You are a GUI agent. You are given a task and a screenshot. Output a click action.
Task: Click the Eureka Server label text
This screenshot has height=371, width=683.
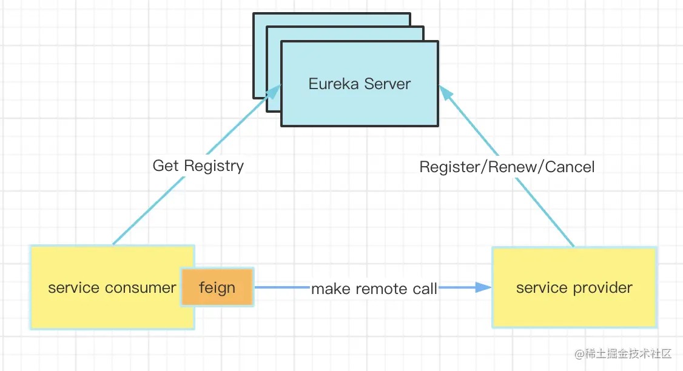click(359, 84)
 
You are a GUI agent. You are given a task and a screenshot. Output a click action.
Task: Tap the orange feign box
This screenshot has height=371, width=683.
click(217, 287)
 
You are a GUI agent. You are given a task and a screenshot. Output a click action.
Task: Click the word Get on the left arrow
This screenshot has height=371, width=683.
click(166, 165)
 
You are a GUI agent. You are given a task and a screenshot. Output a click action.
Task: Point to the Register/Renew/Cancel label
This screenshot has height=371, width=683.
click(506, 167)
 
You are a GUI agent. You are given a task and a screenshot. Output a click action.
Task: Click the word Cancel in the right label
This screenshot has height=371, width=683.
click(570, 167)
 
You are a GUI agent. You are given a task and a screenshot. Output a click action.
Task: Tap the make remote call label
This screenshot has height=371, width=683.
click(374, 289)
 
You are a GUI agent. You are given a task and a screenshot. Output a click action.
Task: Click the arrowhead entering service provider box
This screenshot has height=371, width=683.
click(483, 287)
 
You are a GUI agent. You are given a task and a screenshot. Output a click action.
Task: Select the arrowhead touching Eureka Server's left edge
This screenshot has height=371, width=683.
click(275, 92)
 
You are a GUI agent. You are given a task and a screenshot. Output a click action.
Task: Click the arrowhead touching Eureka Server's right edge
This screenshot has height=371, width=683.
click(445, 92)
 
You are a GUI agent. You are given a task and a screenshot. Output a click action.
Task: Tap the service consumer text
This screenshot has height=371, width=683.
click(112, 287)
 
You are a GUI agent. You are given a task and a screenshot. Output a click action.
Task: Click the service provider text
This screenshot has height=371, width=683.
click(574, 287)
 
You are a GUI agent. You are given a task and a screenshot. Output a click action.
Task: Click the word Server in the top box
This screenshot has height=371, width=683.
click(386, 84)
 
